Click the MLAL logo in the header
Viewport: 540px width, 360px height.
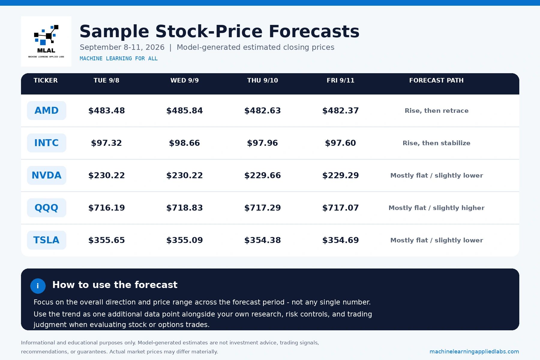46,41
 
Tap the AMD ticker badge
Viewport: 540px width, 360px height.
46,110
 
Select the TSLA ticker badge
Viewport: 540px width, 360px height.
46,240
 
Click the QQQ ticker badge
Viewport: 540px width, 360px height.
46,208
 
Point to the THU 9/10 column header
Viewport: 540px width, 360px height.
262,80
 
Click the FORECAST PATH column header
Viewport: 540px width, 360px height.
436,80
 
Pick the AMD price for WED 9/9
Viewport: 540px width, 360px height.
184,111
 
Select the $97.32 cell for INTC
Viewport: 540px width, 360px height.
106,143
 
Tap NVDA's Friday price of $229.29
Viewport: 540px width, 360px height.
340,175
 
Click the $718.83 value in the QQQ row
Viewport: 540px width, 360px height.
184,208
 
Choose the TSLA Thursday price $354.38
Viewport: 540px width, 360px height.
262,240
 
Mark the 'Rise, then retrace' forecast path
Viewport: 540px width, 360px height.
436,111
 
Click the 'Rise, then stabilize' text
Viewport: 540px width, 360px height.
436,143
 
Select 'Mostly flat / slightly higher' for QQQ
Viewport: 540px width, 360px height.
436,208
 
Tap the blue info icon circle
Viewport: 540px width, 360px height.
38,286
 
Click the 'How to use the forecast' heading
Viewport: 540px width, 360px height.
115,285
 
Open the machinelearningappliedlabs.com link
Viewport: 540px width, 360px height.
474,352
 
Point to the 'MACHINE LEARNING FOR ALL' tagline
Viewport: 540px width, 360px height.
118,58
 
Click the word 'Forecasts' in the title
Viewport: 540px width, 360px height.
314,31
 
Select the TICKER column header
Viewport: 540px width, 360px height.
46,80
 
